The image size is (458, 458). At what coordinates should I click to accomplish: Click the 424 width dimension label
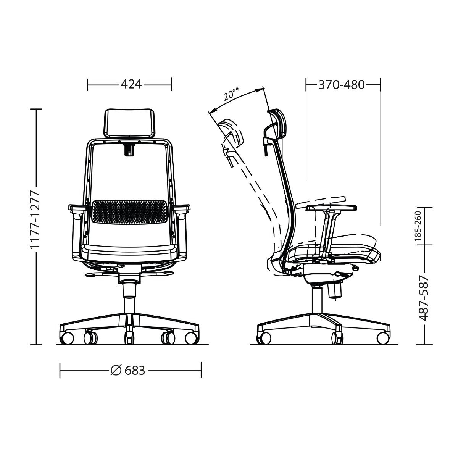coord(131,84)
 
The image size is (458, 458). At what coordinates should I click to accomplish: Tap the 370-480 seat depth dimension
coord(342,85)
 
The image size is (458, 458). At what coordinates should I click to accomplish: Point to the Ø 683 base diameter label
coord(128,370)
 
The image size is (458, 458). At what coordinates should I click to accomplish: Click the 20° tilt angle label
coord(231,94)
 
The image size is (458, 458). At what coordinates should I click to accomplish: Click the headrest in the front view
coord(129,123)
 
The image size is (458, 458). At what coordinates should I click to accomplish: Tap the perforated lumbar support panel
coord(129,211)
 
